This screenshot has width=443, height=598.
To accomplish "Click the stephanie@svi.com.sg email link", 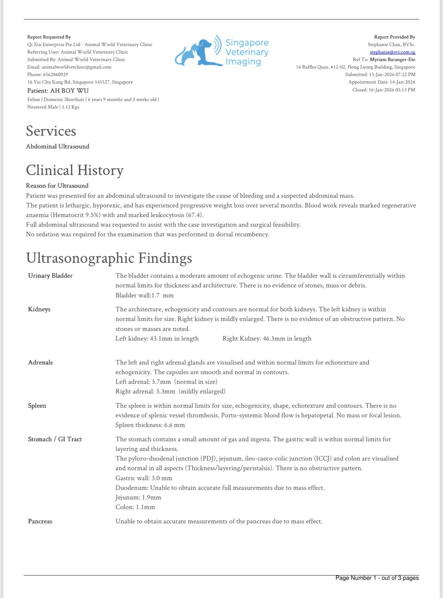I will [x=392, y=52].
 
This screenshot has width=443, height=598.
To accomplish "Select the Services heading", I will [x=51, y=131].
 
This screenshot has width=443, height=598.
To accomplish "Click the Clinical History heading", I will [x=75, y=170].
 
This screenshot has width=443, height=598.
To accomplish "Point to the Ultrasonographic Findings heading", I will [x=109, y=258].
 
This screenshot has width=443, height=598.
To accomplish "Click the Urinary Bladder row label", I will [x=50, y=276].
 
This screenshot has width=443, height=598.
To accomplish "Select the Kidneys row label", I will [x=39, y=309].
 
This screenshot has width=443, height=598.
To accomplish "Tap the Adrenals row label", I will [x=40, y=362].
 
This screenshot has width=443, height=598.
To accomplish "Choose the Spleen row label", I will [x=37, y=406].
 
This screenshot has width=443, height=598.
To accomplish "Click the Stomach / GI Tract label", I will [x=55, y=439].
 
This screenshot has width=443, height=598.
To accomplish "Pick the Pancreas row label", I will [x=40, y=521].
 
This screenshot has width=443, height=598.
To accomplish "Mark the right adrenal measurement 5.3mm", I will [x=166, y=391].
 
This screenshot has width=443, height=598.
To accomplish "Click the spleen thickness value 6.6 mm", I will [x=174, y=425].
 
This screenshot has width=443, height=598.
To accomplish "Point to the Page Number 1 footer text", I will [x=377, y=578].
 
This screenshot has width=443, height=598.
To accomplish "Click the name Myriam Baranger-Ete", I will [x=392, y=60].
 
